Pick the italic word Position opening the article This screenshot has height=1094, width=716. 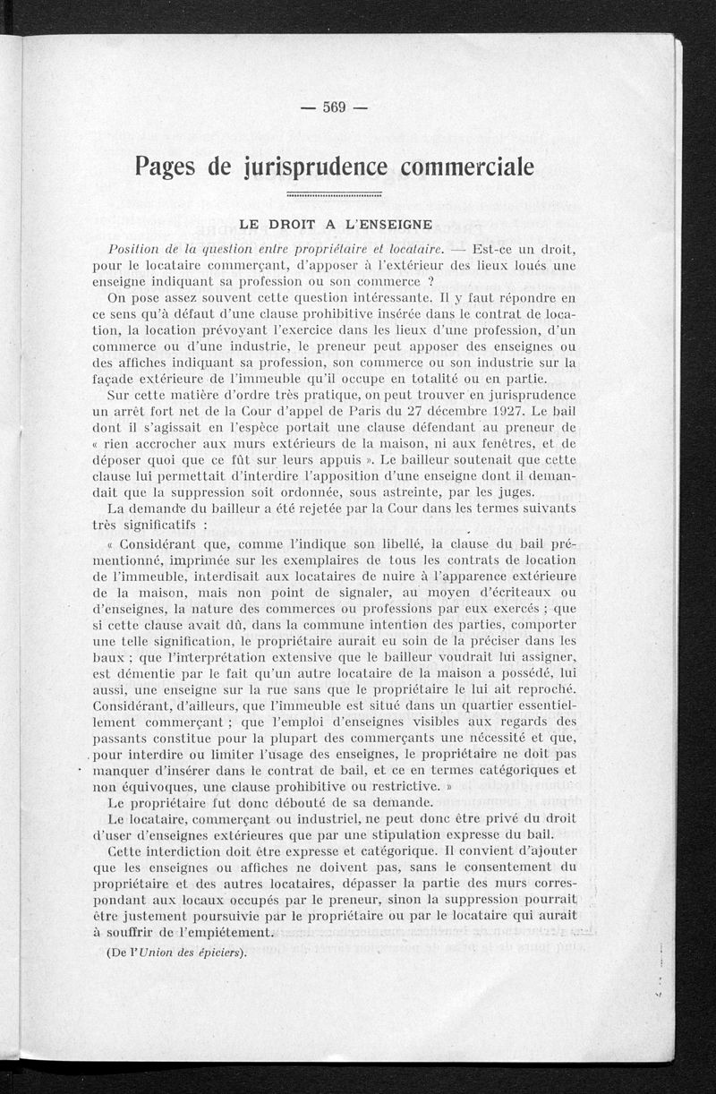[x=135, y=248]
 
